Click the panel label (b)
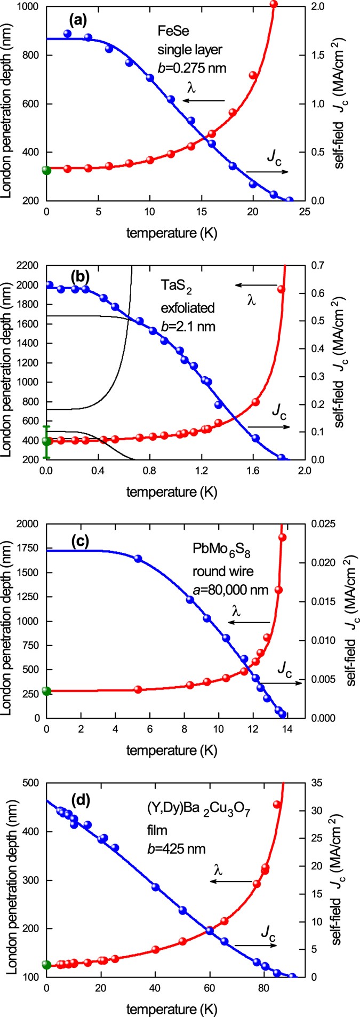click(x=81, y=277)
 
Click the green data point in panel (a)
click(x=46, y=171)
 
